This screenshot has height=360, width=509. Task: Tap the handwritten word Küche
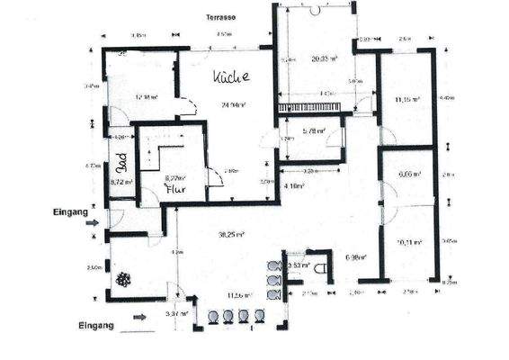[x=230, y=78]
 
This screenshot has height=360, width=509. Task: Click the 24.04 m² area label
[x=234, y=104]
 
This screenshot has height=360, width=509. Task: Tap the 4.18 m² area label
[x=293, y=185]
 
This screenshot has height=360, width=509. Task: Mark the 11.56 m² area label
[x=237, y=293]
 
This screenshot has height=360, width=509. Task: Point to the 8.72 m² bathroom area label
[x=121, y=182]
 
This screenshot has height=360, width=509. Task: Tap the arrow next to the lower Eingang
[x=138, y=317]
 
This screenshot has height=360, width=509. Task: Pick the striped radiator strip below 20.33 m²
[x=310, y=107]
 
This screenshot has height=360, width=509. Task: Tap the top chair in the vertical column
[x=273, y=265]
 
